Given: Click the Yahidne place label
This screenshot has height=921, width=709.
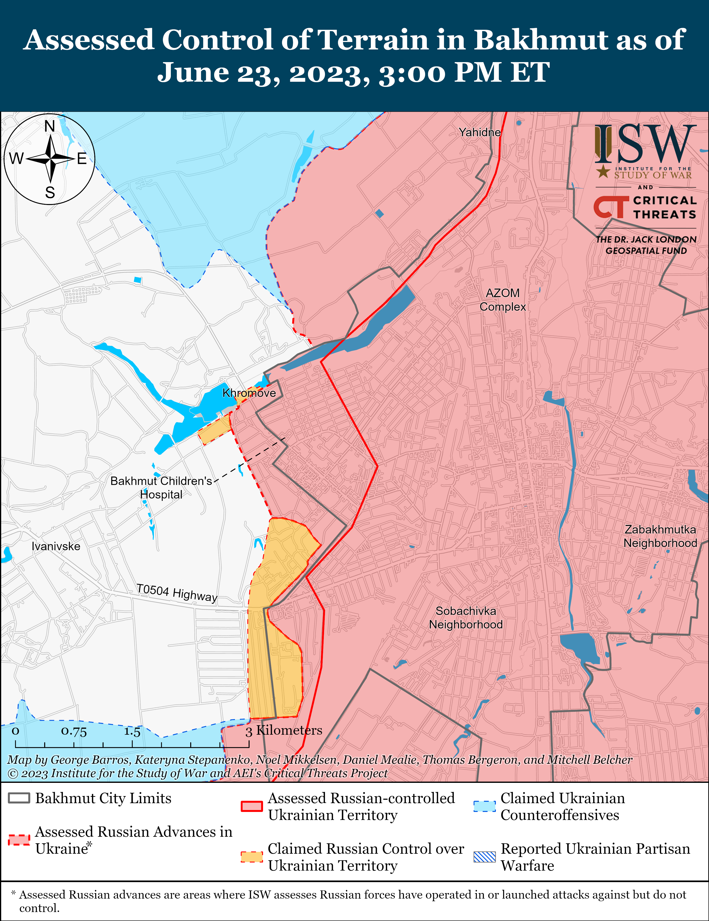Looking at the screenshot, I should point(480,132).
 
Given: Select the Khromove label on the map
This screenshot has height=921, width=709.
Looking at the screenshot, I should point(249,393).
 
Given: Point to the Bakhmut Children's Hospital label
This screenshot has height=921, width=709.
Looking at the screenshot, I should point(161,487).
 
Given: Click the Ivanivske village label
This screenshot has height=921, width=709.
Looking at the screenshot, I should point(56,546).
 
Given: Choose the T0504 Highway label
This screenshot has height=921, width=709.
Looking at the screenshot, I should point(177,593).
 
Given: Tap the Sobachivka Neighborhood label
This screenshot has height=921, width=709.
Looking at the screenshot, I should point(466,618).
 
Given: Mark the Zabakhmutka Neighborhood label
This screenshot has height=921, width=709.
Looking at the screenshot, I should point(660,536).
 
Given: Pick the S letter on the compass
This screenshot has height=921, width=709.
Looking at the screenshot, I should point(50,193).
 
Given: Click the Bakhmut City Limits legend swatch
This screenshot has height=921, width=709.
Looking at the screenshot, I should point(19,798).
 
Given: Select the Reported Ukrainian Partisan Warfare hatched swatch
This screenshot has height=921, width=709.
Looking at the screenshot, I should point(484,857).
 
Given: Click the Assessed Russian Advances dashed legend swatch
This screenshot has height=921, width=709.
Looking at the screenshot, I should point(19,840).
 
